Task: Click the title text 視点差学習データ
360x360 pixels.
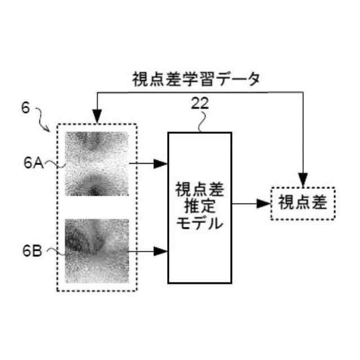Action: pyautogui.click(x=196, y=79)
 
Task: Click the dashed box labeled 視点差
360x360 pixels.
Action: pyautogui.click(x=303, y=203)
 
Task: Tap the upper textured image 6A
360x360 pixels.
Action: pyautogui.click(x=97, y=163)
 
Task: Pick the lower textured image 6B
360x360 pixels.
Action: pyautogui.click(x=97, y=251)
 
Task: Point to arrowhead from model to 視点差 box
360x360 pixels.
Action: pyautogui.click(x=264, y=203)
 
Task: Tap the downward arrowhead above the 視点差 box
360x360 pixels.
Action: pyautogui.click(x=303, y=181)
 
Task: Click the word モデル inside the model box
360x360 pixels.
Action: pyautogui.click(x=200, y=223)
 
